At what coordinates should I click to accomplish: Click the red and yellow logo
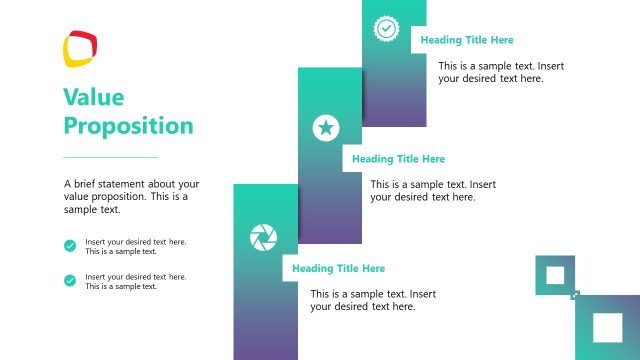coord(80,48)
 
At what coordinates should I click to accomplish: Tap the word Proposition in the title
coord(128,126)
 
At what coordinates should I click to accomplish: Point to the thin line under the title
coord(110,157)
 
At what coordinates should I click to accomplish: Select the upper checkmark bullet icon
coord(70,246)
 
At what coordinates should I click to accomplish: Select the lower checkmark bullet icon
coord(70,280)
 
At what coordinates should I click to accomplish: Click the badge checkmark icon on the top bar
coord(386,28)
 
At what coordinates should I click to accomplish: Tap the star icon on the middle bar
coord(325,127)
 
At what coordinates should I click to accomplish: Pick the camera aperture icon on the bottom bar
coord(263,237)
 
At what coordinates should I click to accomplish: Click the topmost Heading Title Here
coord(467,41)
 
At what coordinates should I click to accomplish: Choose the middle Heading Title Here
coord(398,159)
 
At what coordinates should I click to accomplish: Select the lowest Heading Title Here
coord(338,269)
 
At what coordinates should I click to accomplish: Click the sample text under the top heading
coord(500,72)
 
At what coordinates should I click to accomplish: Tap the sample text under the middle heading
coord(432,191)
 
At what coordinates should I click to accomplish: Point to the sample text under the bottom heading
coord(372,300)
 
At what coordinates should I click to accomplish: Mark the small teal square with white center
coord(555,275)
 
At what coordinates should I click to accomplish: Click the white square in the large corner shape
coord(607,328)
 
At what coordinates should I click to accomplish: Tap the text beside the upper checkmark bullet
coord(136,246)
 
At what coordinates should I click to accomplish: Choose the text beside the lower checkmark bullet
coord(136,281)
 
